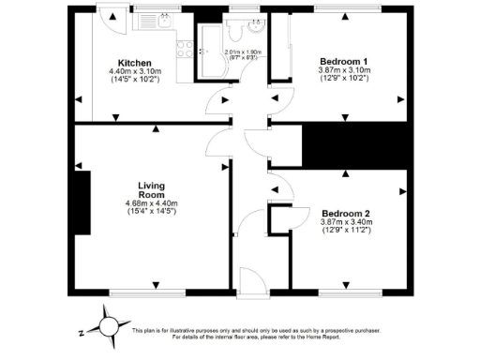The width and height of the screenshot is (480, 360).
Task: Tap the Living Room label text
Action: (151, 190)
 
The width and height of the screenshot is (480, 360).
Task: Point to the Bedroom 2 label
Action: (346, 214)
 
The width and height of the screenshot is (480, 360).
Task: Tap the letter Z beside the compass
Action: (82, 331)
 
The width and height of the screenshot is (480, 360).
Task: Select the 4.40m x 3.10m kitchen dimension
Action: (135, 71)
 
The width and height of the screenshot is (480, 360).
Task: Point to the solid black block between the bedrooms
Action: (356, 144)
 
